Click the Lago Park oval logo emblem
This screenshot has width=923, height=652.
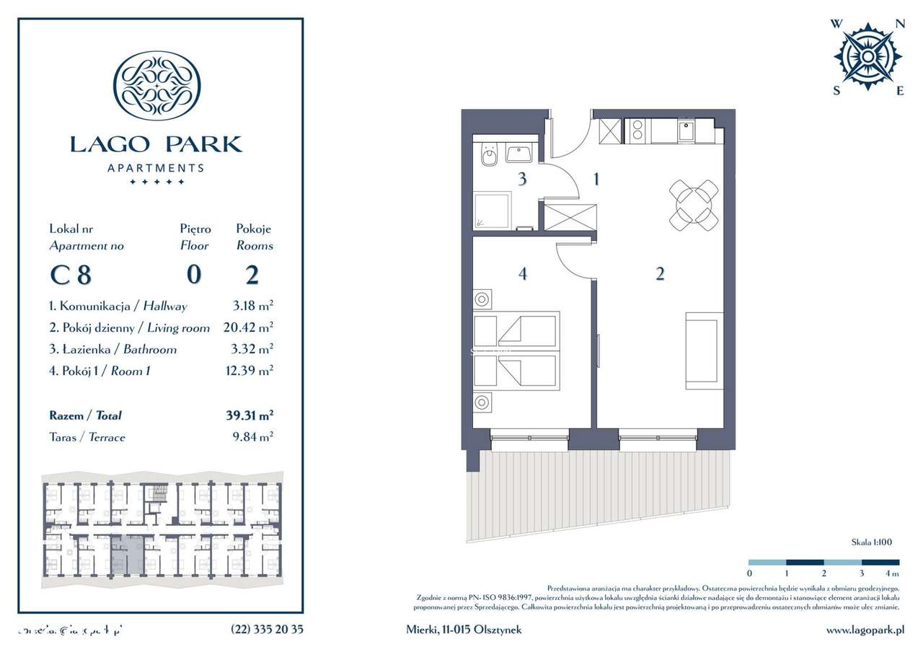tap(156, 85)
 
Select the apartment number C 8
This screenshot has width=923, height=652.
tap(71, 276)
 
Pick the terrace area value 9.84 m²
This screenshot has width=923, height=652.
tap(252, 437)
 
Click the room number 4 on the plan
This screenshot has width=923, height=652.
tap(522, 274)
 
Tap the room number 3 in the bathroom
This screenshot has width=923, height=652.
tap(521, 179)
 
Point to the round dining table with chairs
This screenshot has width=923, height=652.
tap(693, 205)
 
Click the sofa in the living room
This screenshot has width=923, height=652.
tap(703, 351)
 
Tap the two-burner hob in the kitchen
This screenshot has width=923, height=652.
tap(637, 131)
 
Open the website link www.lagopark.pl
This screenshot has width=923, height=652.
tap(865, 630)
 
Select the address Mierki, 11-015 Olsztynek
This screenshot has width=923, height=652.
tap(463, 630)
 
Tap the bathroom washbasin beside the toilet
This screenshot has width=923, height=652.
tap(519, 153)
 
